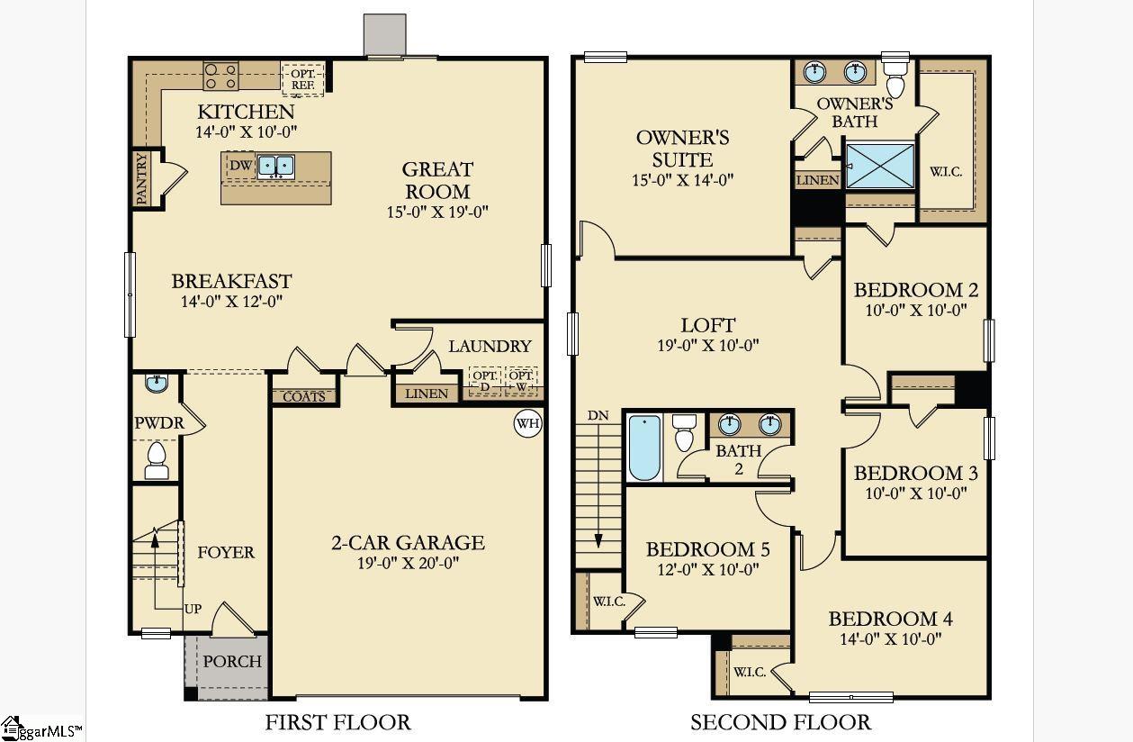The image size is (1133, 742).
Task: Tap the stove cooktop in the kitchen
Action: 220,76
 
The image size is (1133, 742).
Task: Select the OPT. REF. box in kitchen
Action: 302,79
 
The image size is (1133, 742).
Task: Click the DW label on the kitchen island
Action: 239,166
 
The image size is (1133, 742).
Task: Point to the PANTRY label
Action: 142,178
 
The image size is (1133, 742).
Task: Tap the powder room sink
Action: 157,385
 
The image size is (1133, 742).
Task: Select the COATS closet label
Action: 304,396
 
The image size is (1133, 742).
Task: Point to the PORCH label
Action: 232,661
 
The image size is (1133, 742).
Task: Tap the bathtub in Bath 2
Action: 643,447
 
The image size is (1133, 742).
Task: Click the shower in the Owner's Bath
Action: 880,166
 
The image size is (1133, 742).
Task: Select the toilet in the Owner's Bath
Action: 895,77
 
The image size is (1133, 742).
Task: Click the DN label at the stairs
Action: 598,415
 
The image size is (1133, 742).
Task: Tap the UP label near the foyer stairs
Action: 193,610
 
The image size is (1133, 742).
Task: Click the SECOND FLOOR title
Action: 780,722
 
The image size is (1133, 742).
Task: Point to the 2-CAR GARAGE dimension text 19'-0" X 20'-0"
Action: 408,564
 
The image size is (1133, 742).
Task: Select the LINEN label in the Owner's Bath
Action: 818,181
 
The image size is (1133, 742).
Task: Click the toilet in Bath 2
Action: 686,432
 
